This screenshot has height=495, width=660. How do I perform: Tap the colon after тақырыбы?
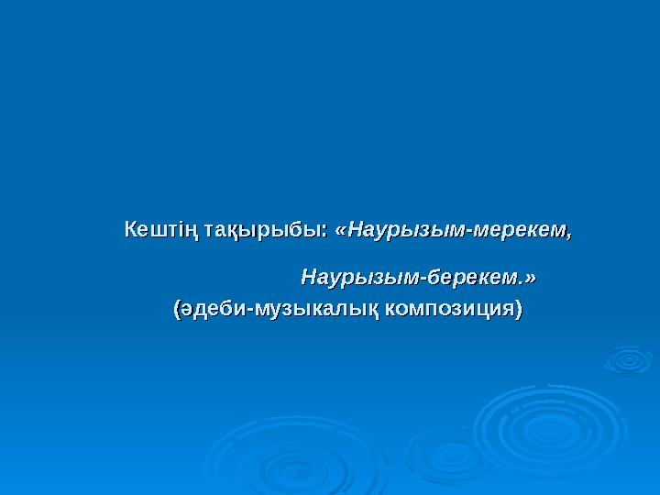pyautogui.click(x=328, y=229)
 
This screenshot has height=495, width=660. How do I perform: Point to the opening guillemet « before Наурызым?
pyautogui.click(x=342, y=229)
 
